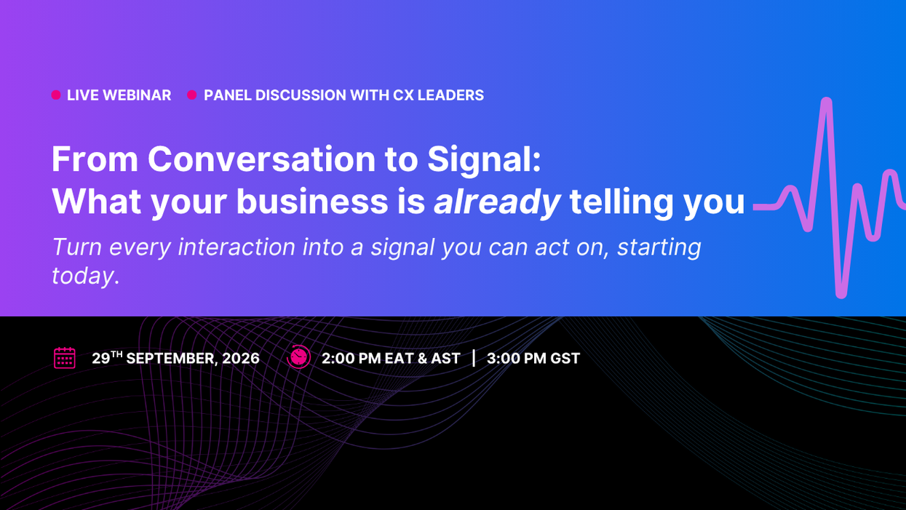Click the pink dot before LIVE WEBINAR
[56, 95]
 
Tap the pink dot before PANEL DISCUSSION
[192, 95]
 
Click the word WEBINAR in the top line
[137, 95]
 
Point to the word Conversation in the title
[261, 159]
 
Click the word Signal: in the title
[484, 161]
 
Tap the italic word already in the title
[497, 202]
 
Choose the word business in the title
[312, 202]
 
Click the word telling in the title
[621, 202]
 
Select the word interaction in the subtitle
[237, 247]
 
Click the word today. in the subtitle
[86, 276]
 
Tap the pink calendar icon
[65, 358]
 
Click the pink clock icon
[299, 357]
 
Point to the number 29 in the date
[100, 359]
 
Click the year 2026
[241, 359]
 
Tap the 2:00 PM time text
[351, 359]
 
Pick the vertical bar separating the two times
[474, 359]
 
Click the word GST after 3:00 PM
[565, 359]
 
